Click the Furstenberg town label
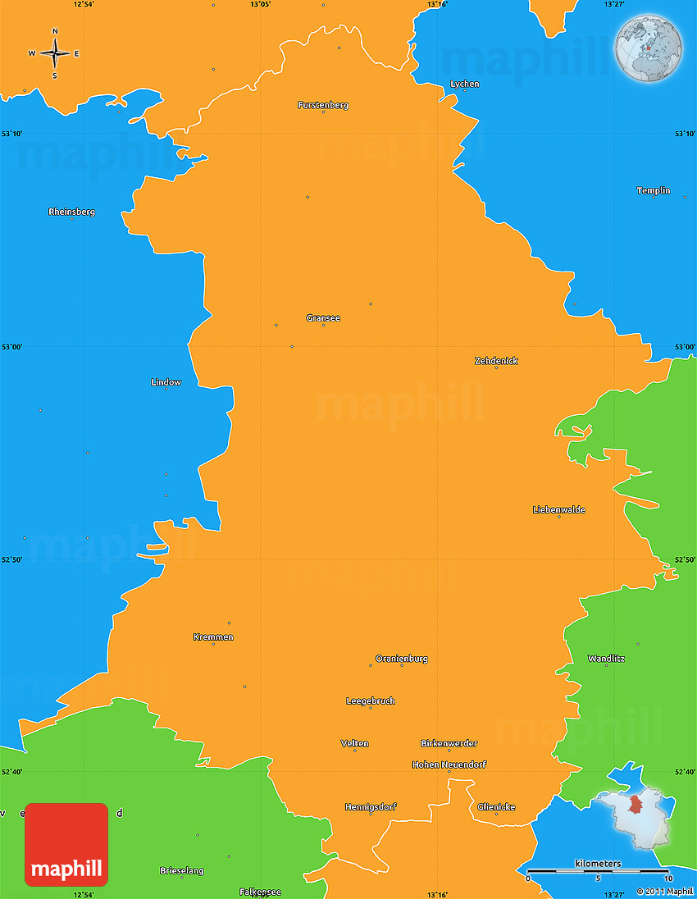(x=323, y=105)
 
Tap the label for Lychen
(x=465, y=84)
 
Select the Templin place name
(x=654, y=190)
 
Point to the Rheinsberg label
(x=71, y=212)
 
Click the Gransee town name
(x=323, y=317)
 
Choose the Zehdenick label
(x=496, y=361)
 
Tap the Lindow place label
(x=166, y=382)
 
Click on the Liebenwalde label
(x=559, y=509)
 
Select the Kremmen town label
(x=213, y=637)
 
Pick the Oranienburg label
(x=402, y=658)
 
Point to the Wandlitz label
(x=606, y=659)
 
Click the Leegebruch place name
(x=371, y=700)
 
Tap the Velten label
(x=355, y=743)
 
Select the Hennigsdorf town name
(x=371, y=807)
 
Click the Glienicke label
(x=496, y=807)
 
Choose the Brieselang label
(x=182, y=870)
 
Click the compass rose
(x=55, y=53)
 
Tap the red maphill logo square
(x=66, y=845)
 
